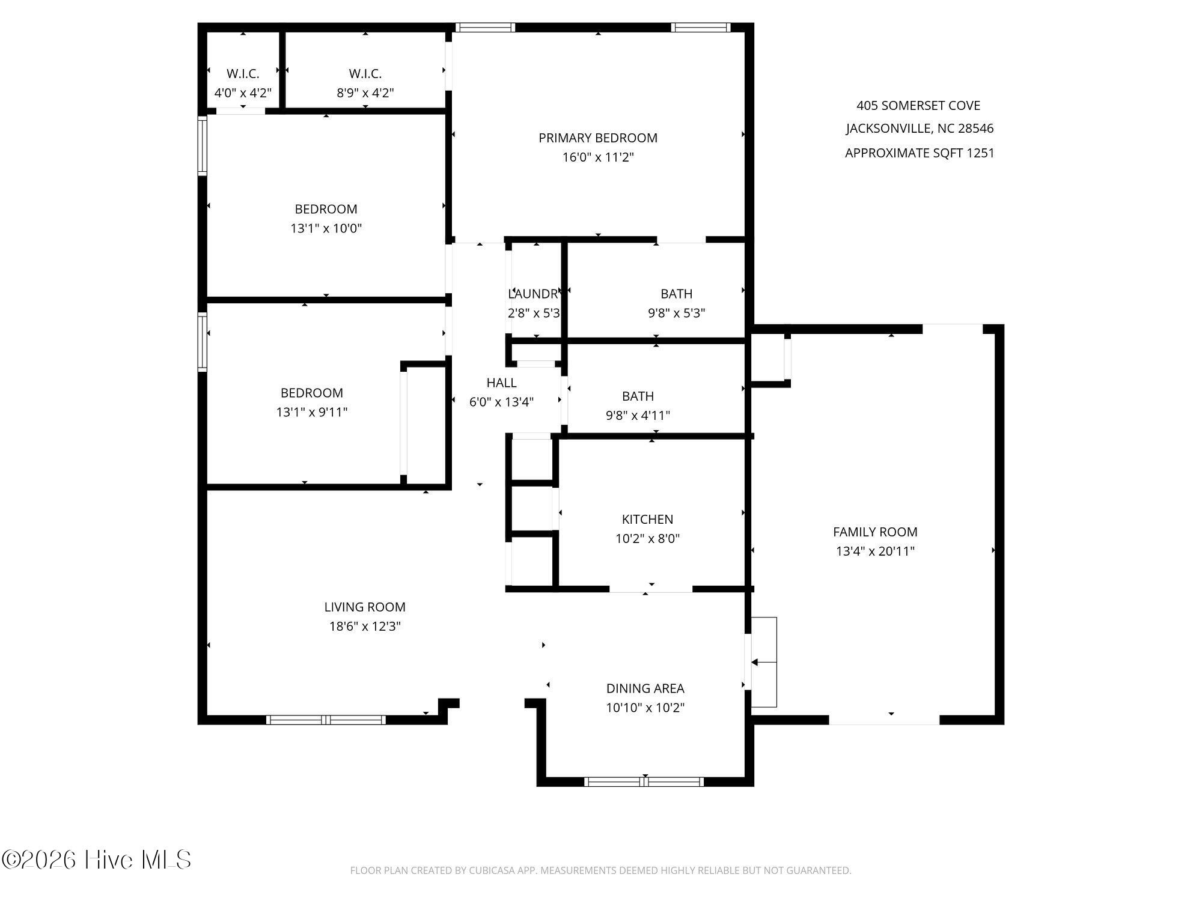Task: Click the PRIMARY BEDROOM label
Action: (598, 138)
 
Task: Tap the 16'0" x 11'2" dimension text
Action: (598, 157)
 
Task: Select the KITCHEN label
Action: (647, 519)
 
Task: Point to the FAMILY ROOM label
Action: (875, 532)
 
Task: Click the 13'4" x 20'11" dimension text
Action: (875, 551)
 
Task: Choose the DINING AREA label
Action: (645, 688)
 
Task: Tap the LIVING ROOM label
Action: (365, 607)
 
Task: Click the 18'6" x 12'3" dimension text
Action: (365, 626)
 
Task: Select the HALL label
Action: (501, 383)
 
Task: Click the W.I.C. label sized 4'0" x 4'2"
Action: (243, 74)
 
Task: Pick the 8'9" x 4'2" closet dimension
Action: (365, 93)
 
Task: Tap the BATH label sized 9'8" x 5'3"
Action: (676, 294)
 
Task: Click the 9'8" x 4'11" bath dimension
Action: (638, 415)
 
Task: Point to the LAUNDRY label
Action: (534, 294)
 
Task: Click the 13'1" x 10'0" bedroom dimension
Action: (326, 228)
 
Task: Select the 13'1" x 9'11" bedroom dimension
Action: (311, 412)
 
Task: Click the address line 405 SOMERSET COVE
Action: (918, 106)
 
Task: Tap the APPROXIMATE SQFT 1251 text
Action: (920, 153)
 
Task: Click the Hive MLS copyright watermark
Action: (96, 860)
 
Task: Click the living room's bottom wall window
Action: (326, 720)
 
